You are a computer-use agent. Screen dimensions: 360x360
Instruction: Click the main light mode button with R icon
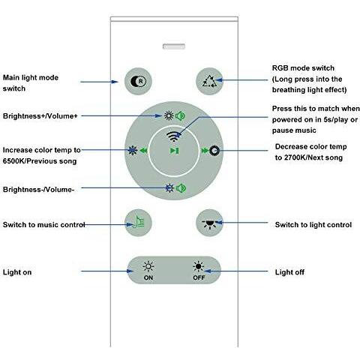pos(138,81)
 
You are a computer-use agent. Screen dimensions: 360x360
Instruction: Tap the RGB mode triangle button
pos(209,81)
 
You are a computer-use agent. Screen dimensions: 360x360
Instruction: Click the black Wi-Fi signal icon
pos(174,136)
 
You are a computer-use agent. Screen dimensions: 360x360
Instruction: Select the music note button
pos(138,223)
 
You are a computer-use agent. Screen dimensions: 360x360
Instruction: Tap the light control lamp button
pos(209,223)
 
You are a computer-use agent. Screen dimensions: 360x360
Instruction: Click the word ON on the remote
pos(148,277)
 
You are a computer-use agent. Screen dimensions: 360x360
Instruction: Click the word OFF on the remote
pos(199,277)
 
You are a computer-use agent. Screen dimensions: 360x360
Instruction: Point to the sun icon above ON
pos(148,266)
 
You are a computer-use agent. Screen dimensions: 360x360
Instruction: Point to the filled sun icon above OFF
pos(199,266)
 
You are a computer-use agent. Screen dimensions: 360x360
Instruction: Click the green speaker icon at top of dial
pos(180,115)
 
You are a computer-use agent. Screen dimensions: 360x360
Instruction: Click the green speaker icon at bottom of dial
pos(181,188)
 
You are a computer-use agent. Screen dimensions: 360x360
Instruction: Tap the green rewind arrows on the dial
pos(143,151)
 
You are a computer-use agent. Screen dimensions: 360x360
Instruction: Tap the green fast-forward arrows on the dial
pos(205,151)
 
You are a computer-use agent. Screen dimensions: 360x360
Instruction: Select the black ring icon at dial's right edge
pos(214,151)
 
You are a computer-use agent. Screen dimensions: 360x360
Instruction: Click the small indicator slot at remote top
pos(174,46)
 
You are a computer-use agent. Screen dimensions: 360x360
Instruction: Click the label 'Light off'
pos(289,272)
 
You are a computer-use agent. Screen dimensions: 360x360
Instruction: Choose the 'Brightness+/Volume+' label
pos(40,116)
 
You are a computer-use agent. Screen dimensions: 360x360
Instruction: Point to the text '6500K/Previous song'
pos(40,161)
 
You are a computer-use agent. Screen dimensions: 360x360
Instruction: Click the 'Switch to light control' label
pos(313,225)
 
